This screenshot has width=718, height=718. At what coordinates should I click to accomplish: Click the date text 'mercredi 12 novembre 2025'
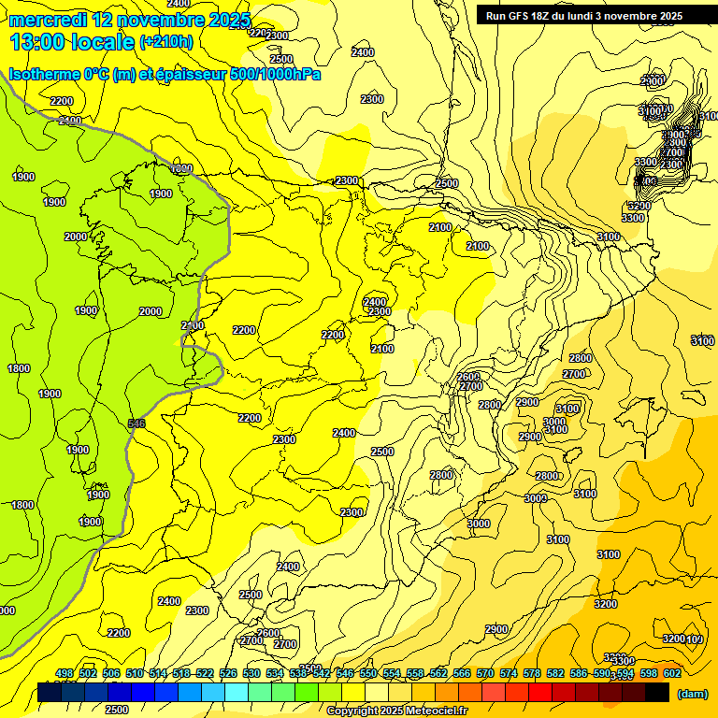point(129,21)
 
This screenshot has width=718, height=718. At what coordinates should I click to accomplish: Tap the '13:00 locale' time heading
point(72,42)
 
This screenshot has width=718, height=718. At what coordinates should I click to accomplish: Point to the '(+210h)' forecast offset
point(165,42)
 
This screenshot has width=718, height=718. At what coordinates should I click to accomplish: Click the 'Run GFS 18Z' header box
point(584,16)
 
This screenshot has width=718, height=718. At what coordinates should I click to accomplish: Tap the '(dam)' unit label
point(691,694)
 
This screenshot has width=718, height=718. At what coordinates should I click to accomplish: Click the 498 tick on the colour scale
point(65,673)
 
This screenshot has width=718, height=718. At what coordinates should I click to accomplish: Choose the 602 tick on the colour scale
point(671,673)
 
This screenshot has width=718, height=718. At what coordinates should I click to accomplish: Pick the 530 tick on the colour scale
point(251,673)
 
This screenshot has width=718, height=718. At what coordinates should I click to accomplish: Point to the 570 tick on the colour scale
point(484,673)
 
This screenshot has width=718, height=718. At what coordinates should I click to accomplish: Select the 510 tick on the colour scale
point(135,673)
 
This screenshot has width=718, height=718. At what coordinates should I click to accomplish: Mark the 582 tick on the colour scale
point(554,673)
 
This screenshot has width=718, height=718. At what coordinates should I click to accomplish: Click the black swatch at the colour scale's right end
point(657,693)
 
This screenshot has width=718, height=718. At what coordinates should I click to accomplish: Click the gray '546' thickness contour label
point(136,424)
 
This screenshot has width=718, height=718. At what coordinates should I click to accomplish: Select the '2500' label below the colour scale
point(117,710)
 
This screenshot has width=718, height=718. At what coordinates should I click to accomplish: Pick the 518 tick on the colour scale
point(181,673)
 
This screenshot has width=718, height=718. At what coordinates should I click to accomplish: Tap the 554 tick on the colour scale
point(391,673)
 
